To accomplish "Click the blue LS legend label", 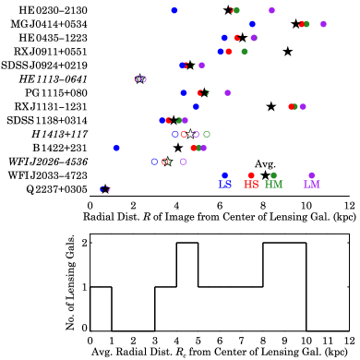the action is (x=224, y=185).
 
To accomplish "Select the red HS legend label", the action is (x=251, y=185).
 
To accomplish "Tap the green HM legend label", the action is (x=273, y=185).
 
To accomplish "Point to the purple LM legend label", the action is (x=311, y=185).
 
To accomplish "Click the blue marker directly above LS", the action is (x=224, y=174).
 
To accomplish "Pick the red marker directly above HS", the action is (x=251, y=174).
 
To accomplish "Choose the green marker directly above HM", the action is (x=273, y=174).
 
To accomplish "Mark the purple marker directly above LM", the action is (x=311, y=174).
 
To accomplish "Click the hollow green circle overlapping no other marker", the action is (x=207, y=134).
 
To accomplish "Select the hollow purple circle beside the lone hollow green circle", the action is (x=196, y=134).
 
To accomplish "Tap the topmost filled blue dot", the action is (x=174, y=10).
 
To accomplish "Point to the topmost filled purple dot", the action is (x=271, y=10).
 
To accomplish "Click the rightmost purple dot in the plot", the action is (x=323, y=24).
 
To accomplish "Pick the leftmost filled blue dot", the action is (x=116, y=148).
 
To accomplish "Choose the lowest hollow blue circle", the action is (x=154, y=162).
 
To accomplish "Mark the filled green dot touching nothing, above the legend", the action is (x=244, y=52).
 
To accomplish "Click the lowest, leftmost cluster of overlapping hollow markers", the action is (x=104, y=189).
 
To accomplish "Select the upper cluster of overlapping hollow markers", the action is (x=140, y=79).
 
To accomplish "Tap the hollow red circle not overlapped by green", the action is (x=184, y=134).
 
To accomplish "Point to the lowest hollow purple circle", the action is (x=183, y=162).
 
